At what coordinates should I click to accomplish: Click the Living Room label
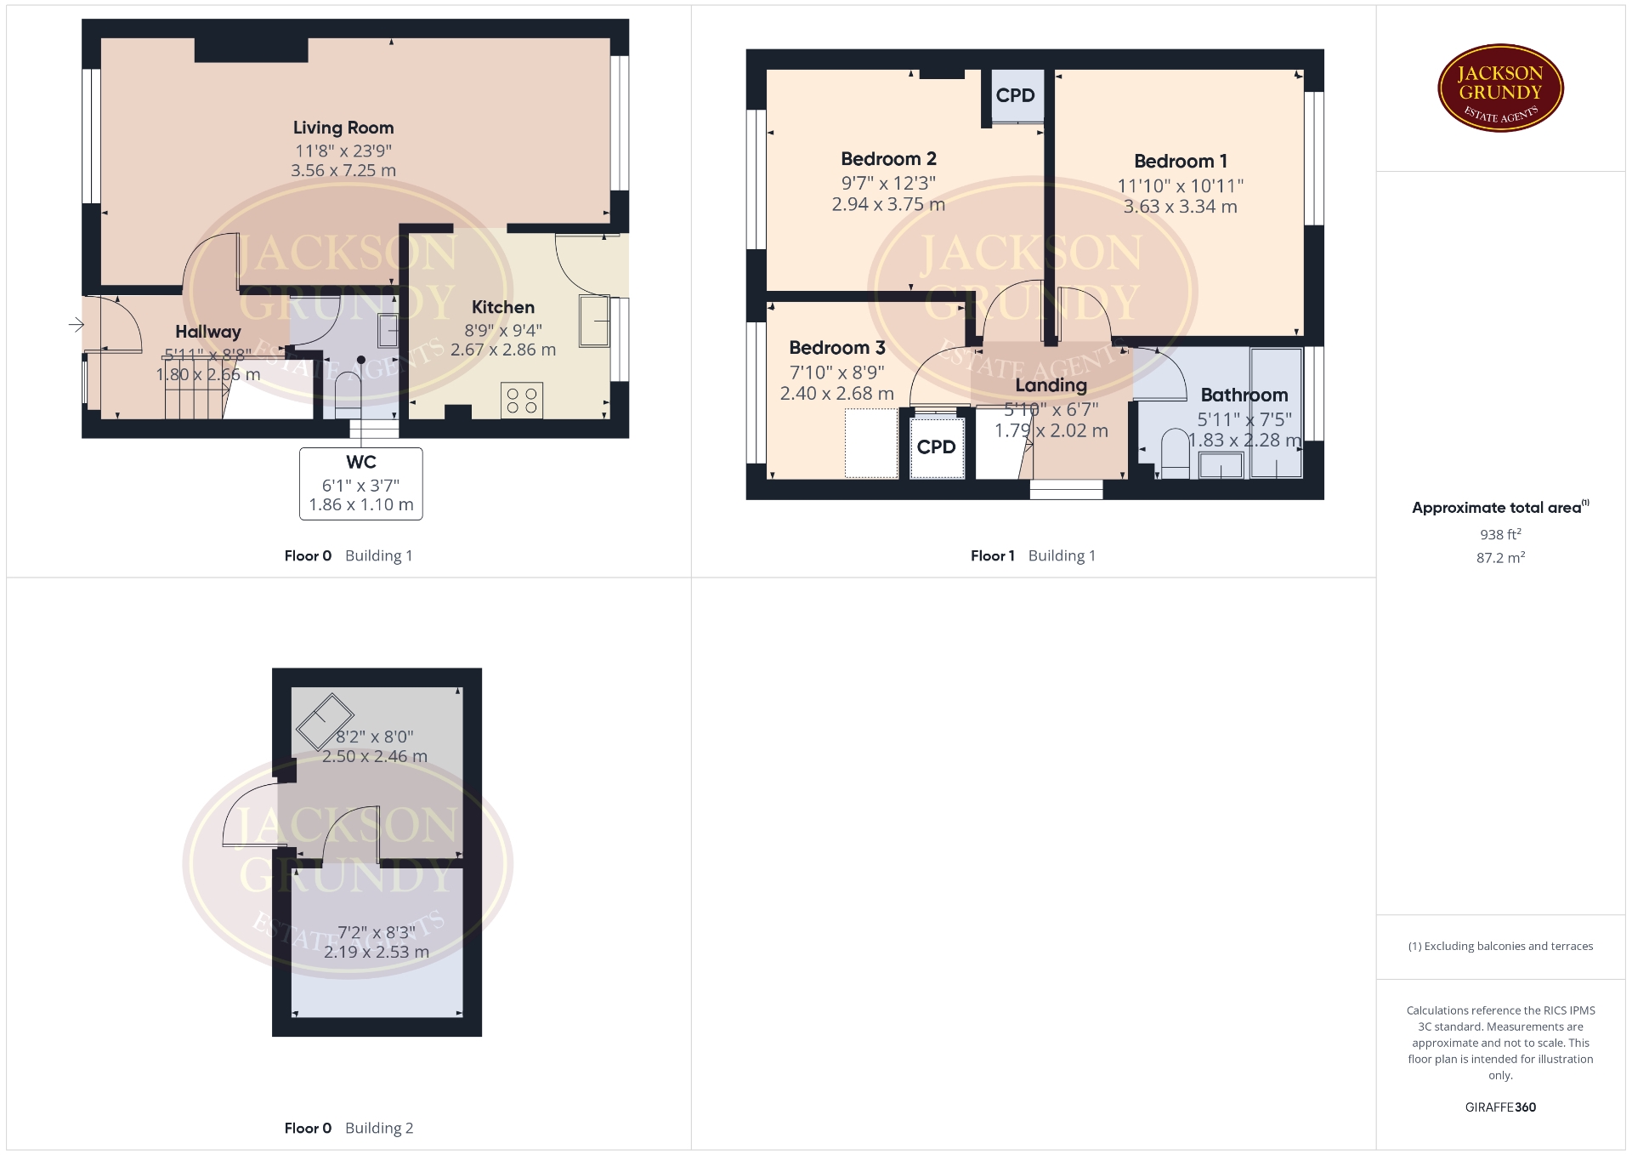click(343, 128)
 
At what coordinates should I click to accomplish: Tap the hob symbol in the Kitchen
click(522, 401)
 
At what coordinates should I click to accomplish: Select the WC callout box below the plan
click(361, 483)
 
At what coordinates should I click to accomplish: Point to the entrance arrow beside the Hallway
click(76, 325)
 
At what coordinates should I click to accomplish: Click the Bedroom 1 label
click(1181, 161)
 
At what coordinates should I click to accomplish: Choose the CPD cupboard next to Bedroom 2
click(1016, 96)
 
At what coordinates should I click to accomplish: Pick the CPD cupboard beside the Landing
click(937, 447)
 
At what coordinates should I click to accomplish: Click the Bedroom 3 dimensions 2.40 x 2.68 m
click(837, 394)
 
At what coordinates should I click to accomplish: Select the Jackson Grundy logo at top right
click(1500, 88)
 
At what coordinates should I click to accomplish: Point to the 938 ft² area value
click(1500, 534)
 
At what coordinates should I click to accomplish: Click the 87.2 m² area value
click(1500, 558)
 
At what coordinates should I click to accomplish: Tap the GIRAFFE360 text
click(1500, 1107)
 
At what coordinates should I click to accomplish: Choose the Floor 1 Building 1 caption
click(1033, 555)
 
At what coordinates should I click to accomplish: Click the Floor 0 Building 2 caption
click(348, 1128)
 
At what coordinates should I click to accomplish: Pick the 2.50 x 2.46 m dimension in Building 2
click(375, 756)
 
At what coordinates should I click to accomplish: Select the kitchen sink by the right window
click(594, 321)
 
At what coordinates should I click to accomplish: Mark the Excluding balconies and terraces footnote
click(1500, 946)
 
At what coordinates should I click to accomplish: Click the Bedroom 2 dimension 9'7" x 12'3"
click(888, 183)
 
